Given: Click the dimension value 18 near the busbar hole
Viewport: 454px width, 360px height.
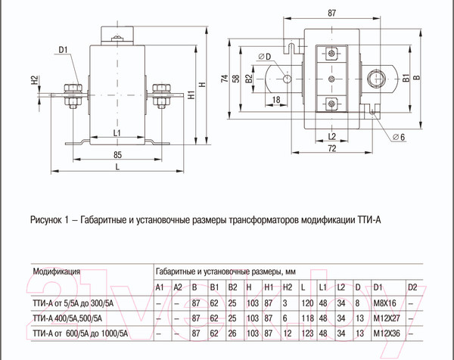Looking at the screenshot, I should pos(277,99).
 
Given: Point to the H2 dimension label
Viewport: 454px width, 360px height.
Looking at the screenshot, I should pos(34,81).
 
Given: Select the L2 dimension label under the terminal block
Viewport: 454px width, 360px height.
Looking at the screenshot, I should pos(331,136).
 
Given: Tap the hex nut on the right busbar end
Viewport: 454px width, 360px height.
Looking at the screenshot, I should pos(376,78).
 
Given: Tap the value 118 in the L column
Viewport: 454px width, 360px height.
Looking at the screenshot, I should pos(304,318).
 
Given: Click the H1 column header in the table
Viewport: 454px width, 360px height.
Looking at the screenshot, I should pos(269,287).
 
